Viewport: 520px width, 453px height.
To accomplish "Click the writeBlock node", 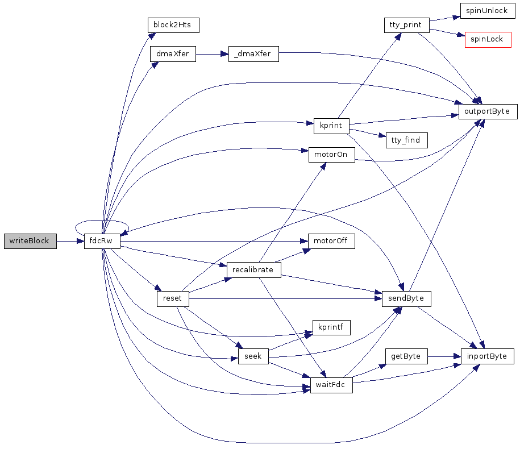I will (x=30, y=241).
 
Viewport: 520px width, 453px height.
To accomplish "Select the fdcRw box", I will (x=102, y=241).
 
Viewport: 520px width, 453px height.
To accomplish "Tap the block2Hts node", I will (x=173, y=25).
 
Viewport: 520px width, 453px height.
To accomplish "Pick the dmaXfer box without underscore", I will (x=173, y=54).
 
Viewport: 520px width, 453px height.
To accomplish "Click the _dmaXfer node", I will (x=253, y=54).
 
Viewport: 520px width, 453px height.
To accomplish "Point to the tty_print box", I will (x=406, y=25).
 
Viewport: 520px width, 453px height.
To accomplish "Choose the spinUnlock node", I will (x=486, y=11).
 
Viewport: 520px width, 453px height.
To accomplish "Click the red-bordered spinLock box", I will (x=488, y=40).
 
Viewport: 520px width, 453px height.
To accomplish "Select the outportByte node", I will (x=488, y=111).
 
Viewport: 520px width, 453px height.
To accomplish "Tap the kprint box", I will (x=331, y=126).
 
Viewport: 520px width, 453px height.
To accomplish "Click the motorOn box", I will (x=331, y=155).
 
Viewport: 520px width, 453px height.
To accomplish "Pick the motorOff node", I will (x=331, y=241).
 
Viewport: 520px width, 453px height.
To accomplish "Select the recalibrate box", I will (x=253, y=269).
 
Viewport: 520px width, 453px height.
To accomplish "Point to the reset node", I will (x=172, y=298).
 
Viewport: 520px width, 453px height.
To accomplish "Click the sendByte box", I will (x=406, y=298).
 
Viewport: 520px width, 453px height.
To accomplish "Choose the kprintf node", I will (x=331, y=327).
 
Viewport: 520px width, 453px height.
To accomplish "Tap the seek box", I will (x=253, y=356).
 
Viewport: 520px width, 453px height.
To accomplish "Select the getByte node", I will (x=406, y=356).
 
